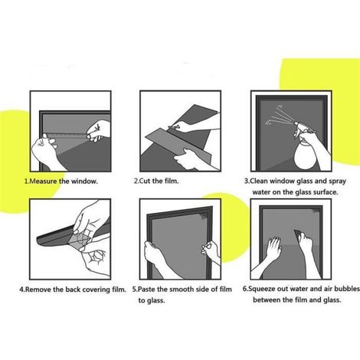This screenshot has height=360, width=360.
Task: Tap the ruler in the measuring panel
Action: pos(67,136)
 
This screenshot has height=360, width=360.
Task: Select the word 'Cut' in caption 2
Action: pos(145,181)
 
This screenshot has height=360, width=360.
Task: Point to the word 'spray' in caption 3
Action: pos(337,182)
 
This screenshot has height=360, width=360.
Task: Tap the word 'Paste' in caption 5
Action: pos(146,290)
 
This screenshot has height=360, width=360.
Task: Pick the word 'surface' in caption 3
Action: pos(325,192)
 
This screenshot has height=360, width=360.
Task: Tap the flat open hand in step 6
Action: pos(273,247)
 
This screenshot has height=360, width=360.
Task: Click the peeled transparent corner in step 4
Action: pos(80,239)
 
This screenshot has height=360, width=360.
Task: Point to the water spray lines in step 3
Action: pos(279,116)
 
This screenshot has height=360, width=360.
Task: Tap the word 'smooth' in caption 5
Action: pos(182,290)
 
